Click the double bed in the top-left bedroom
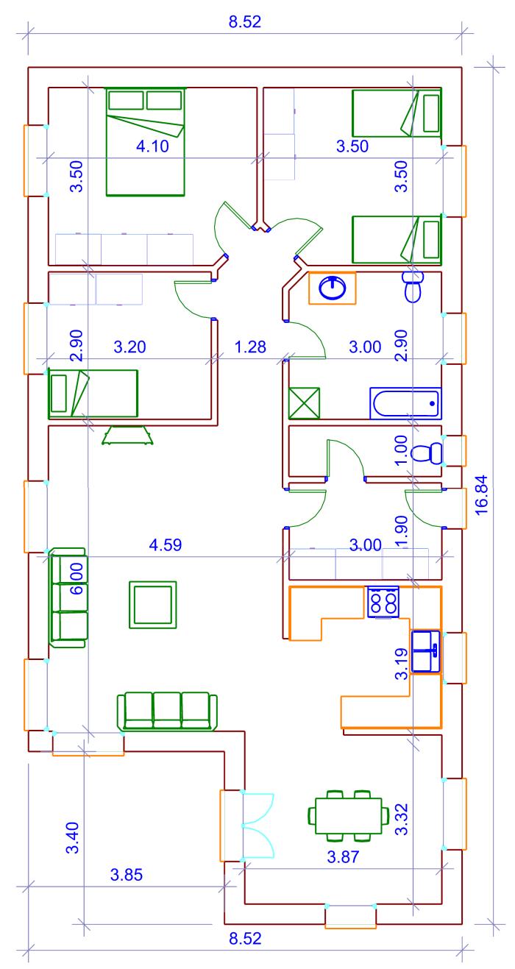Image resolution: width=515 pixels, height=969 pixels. pyautogui.click(x=146, y=142)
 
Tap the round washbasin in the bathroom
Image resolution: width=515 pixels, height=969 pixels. pyautogui.click(x=332, y=288)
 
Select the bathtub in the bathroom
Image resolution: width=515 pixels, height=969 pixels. pyautogui.click(x=405, y=402)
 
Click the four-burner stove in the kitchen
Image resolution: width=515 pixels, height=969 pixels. pyautogui.click(x=383, y=601)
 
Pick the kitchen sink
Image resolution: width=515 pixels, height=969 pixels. pyautogui.click(x=425, y=651)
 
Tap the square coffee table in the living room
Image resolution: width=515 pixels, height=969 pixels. pyautogui.click(x=152, y=604)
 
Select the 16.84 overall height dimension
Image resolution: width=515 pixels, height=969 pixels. pyautogui.click(x=481, y=494)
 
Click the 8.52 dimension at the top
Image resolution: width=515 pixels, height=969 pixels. pyautogui.click(x=245, y=21)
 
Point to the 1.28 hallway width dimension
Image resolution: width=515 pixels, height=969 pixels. pyautogui.click(x=250, y=347)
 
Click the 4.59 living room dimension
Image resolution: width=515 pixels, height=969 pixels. pyautogui.click(x=166, y=544)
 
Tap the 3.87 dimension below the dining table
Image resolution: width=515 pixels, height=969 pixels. pyautogui.click(x=343, y=856)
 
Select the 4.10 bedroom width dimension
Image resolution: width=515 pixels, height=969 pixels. pyautogui.click(x=152, y=146)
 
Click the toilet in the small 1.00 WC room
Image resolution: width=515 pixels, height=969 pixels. pyautogui.click(x=427, y=453)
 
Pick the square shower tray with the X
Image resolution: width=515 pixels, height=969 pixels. pyautogui.click(x=304, y=403)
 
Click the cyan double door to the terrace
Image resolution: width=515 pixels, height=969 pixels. pyautogui.click(x=258, y=826)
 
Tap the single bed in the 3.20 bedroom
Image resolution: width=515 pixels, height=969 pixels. pyautogui.click(x=93, y=394)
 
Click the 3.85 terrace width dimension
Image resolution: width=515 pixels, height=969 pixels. pyautogui.click(x=127, y=875)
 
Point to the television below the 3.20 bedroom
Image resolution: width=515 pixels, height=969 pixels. pyautogui.click(x=128, y=435)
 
